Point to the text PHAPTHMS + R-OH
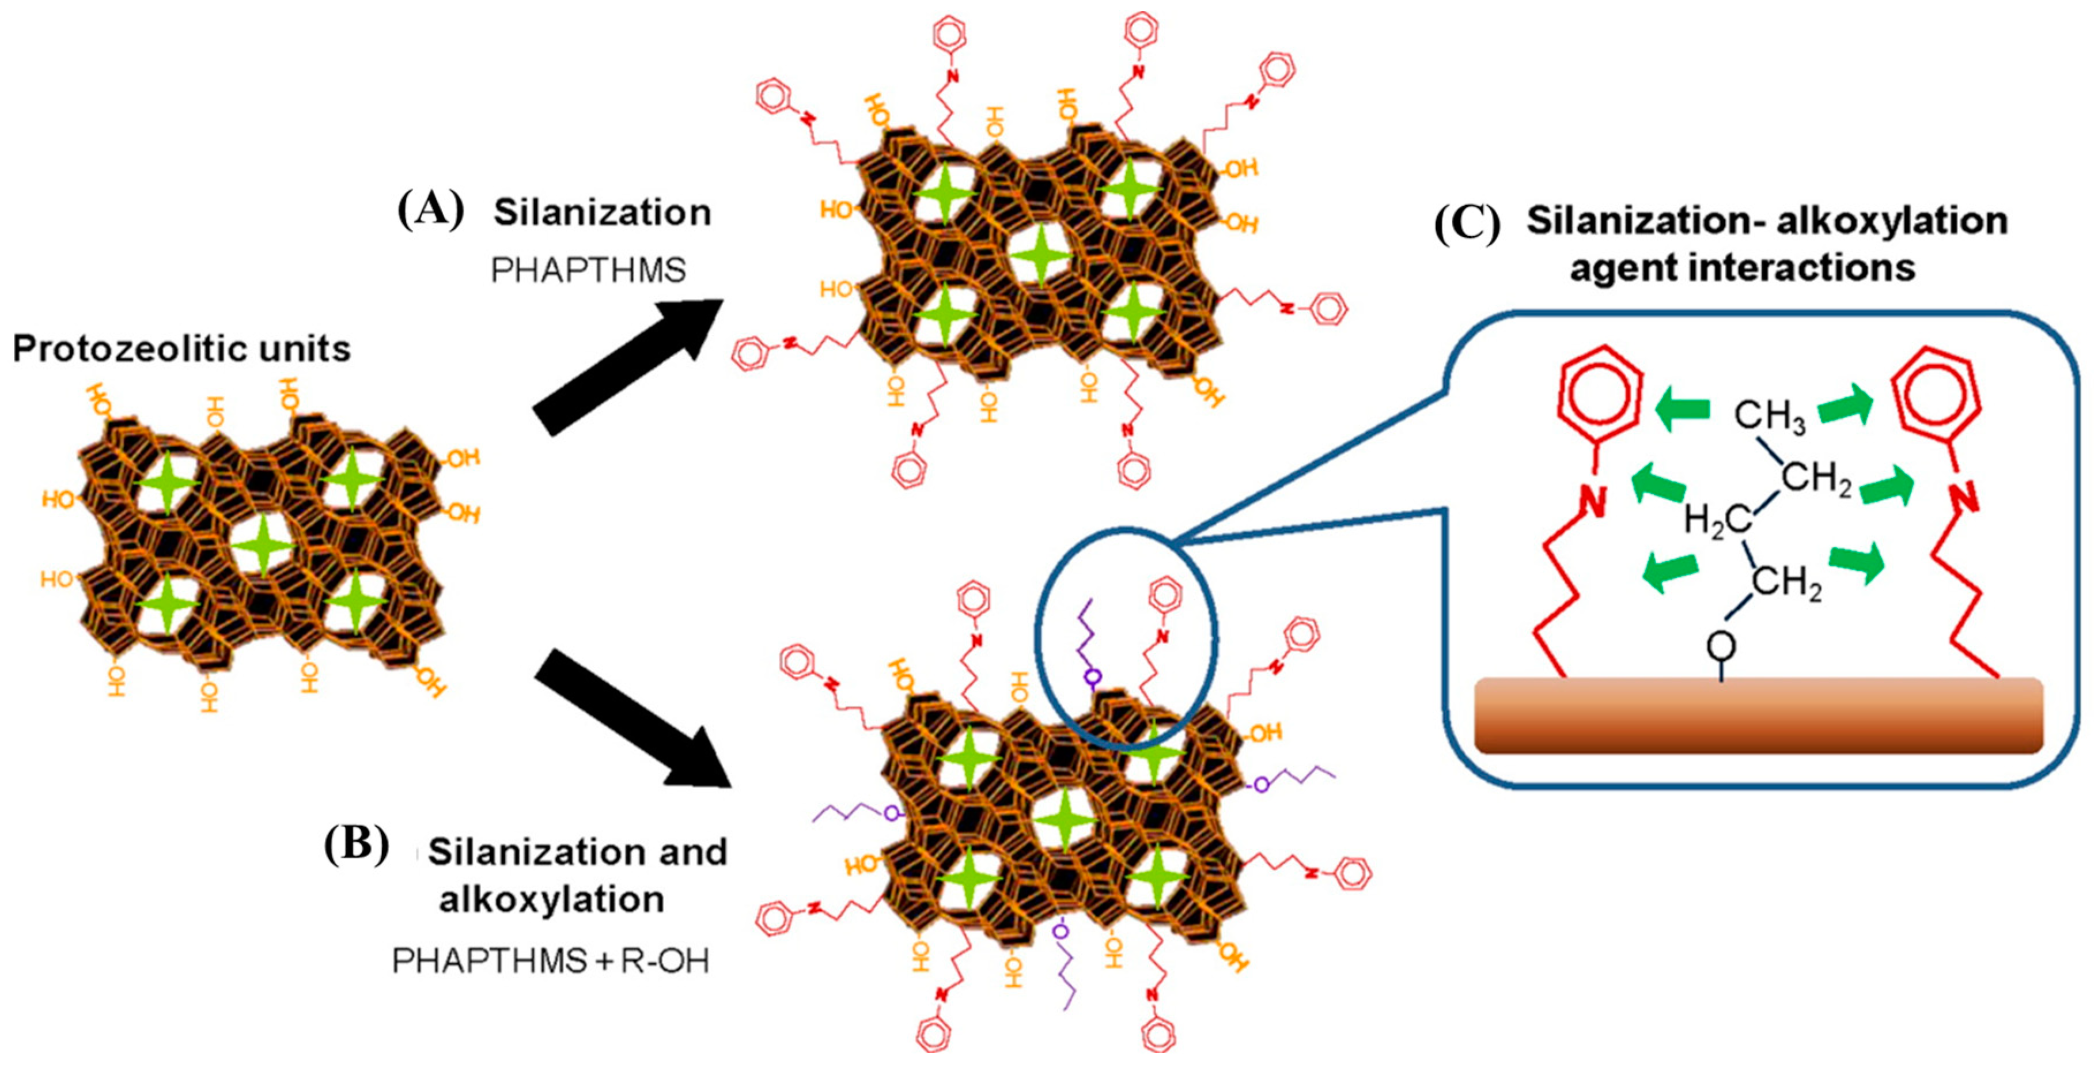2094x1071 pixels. [550, 960]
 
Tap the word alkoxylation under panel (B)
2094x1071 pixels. [552, 899]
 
